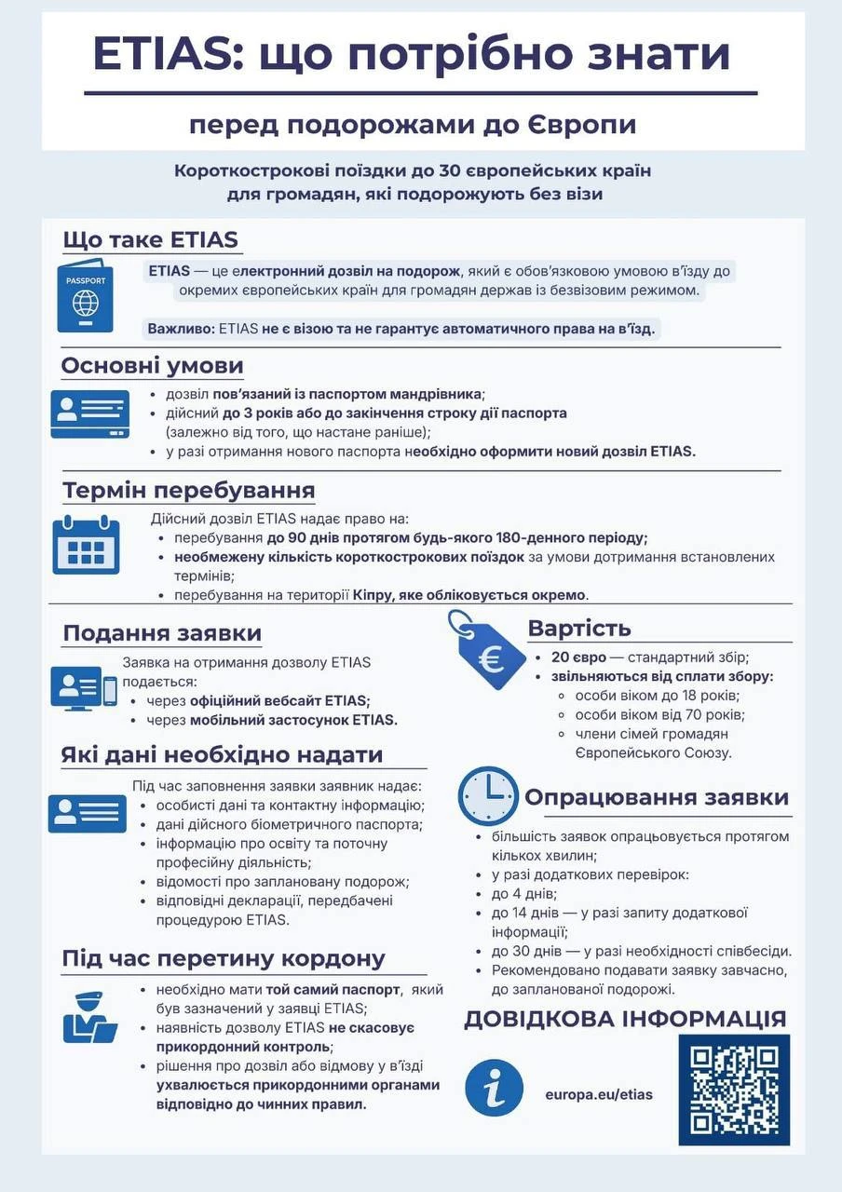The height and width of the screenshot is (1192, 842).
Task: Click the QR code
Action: pos(733,1089)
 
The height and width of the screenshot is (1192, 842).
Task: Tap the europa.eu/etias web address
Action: pos(599,1094)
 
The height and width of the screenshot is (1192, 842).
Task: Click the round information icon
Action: pos(494,1087)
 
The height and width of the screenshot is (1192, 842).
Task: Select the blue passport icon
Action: pos(85,297)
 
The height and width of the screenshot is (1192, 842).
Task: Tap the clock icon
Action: pos(488,796)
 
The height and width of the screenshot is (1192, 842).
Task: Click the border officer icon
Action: pos(88,1017)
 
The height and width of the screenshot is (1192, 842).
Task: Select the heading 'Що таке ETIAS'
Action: pos(150,239)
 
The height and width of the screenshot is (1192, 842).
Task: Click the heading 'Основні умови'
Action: pos(152,366)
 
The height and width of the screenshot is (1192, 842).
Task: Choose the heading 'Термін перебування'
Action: pos(189,490)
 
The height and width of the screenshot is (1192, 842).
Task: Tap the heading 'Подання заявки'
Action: pos(162,634)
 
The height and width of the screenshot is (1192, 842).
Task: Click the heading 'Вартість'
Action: pos(579,628)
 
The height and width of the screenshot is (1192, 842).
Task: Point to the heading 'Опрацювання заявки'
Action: pos(657,797)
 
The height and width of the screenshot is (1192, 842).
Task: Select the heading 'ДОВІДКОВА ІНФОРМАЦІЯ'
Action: pos(625,1019)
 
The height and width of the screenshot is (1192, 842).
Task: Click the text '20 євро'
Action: pos(577,657)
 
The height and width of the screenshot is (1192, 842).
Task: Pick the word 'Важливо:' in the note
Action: pos(181,330)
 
